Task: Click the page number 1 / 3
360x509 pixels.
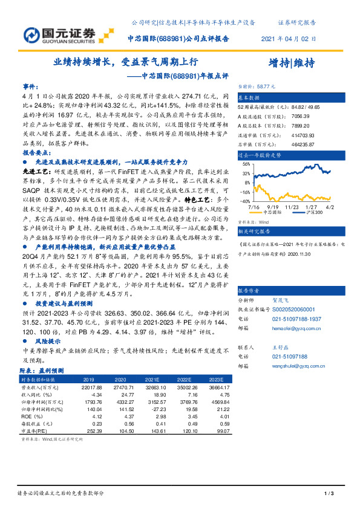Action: pos(329,494)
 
